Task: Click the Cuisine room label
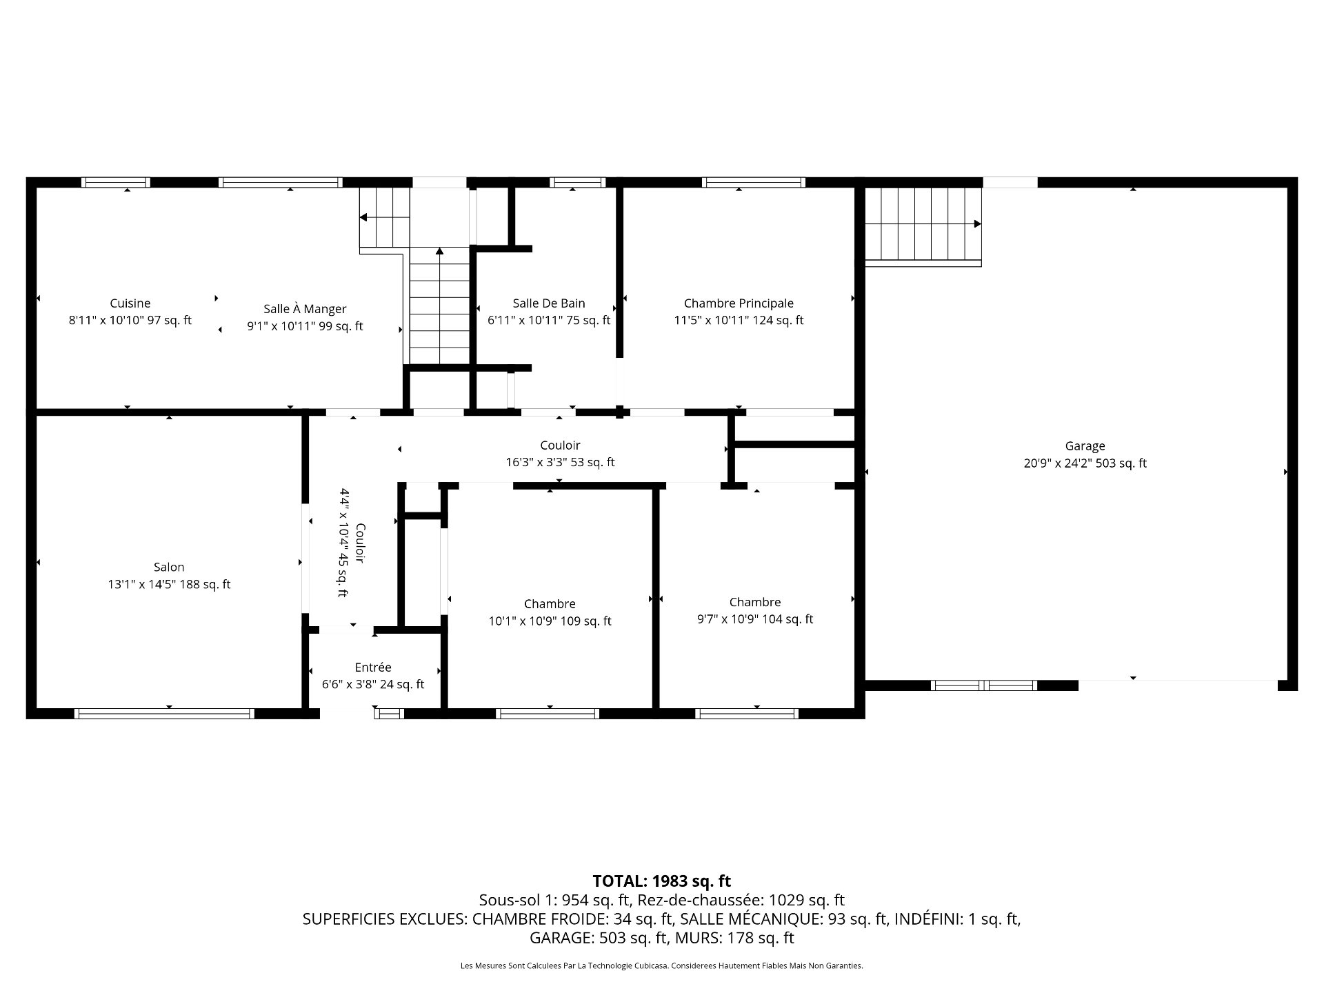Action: pyautogui.click(x=130, y=303)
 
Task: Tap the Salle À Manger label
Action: pyautogui.click(x=305, y=310)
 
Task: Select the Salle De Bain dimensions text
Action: pyautogui.click(x=549, y=320)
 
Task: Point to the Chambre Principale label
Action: pyautogui.click(x=739, y=303)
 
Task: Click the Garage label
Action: pyautogui.click(x=1085, y=446)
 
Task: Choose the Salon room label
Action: pyautogui.click(x=169, y=568)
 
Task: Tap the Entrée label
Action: pyautogui.click(x=373, y=668)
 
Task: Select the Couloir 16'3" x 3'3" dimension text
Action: pyautogui.click(x=560, y=462)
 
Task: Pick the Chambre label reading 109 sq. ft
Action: pyautogui.click(x=550, y=604)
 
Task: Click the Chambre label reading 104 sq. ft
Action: pyautogui.click(x=755, y=602)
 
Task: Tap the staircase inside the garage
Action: pyautogui.click(x=923, y=225)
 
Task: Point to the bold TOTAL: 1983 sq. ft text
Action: pyautogui.click(x=661, y=881)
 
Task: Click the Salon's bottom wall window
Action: pyautogui.click(x=164, y=714)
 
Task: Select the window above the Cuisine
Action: pyautogui.click(x=115, y=183)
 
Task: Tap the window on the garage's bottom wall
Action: pyautogui.click(x=983, y=685)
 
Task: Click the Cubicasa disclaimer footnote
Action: pyautogui.click(x=661, y=966)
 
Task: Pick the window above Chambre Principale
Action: pyautogui.click(x=753, y=183)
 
